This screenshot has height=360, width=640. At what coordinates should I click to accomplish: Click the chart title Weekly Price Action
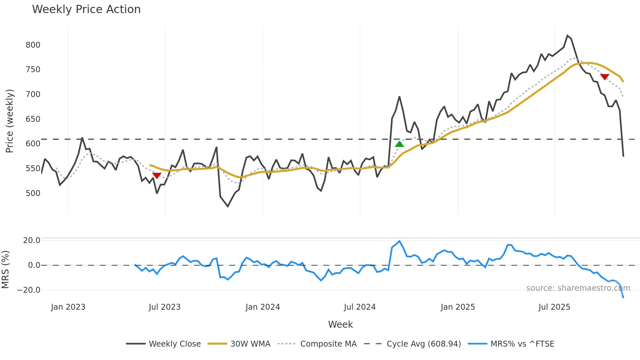86,9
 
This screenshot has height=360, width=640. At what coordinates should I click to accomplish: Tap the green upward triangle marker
399,144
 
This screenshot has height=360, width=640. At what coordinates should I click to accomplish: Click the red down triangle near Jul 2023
157,176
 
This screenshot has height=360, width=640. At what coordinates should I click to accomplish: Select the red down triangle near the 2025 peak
604,77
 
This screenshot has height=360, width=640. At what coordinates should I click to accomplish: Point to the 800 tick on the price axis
33,45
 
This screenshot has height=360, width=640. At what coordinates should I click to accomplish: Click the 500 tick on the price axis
33,193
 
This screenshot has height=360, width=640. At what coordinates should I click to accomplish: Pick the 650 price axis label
33,119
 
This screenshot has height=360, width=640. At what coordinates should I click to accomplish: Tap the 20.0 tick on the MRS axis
32,240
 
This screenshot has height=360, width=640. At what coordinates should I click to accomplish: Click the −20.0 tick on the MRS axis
29,290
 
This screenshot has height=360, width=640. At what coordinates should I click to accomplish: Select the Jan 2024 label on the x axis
263,307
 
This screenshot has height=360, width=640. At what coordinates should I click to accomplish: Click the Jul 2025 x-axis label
554,307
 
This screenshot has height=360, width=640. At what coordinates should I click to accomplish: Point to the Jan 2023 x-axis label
68,307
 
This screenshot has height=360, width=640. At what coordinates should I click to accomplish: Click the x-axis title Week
340,324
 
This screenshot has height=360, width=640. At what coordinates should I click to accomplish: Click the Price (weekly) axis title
9,121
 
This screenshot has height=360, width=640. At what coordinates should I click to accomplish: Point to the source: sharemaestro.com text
578,288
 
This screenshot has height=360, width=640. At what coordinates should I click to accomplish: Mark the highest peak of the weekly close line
568,36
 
